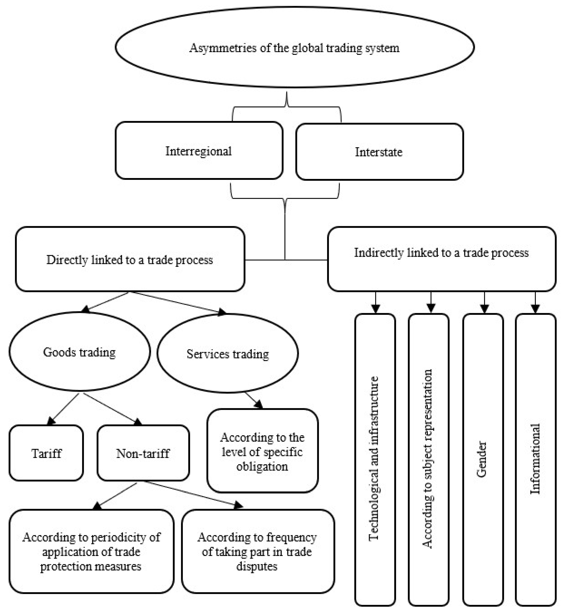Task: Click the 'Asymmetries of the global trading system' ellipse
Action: click(295, 48)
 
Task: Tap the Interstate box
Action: click(379, 152)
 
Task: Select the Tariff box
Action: click(46, 453)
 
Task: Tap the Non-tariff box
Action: click(143, 453)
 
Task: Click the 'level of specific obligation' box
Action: click(262, 451)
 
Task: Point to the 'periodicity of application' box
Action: click(91, 552)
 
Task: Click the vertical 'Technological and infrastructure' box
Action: click(375, 460)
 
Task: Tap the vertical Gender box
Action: click(483, 460)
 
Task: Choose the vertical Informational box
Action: click(535, 460)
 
